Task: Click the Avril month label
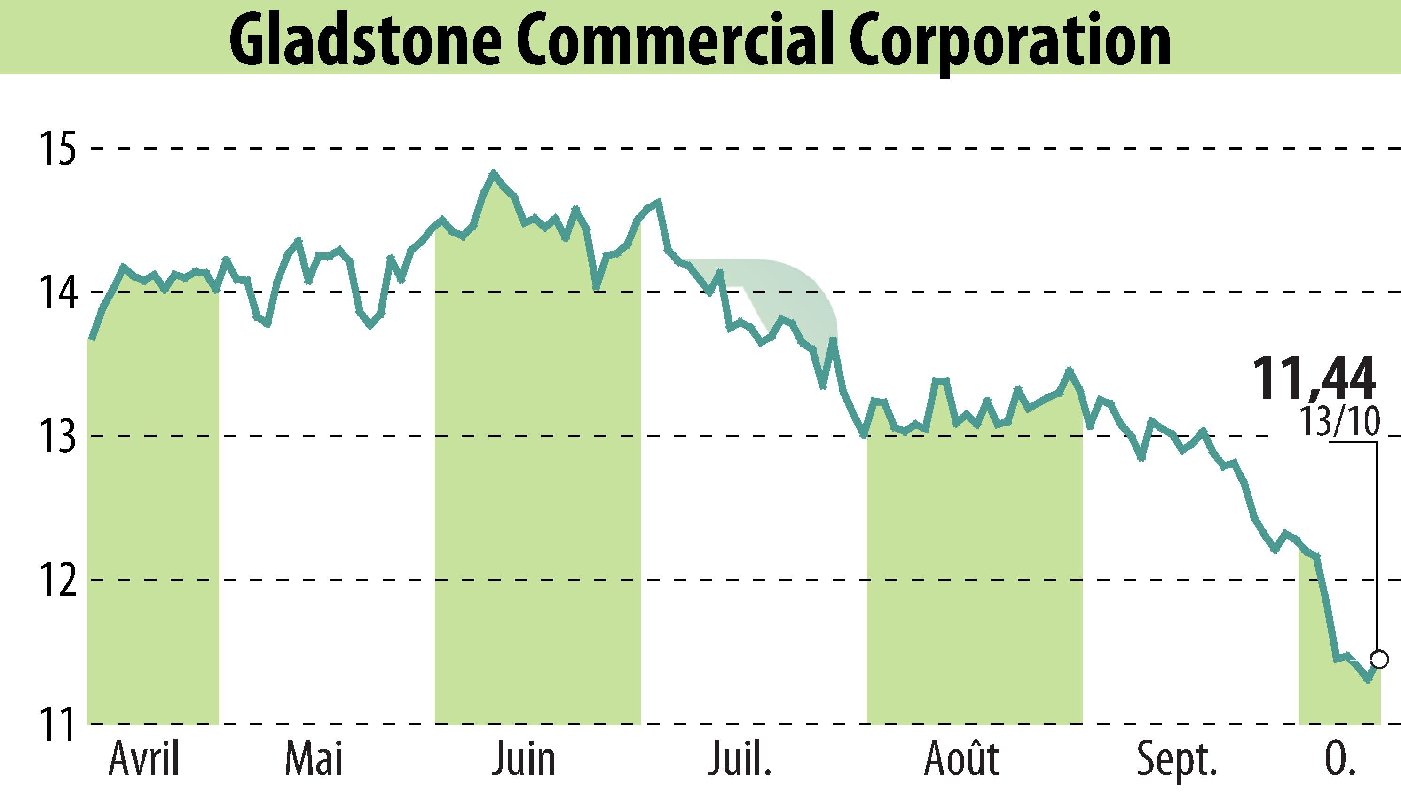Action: tap(144, 760)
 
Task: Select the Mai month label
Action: tap(314, 760)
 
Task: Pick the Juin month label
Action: tap(523, 760)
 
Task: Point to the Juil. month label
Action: tap(740, 760)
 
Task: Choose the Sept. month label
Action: tap(1176, 760)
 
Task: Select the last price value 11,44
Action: tap(1313, 378)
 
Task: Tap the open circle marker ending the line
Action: tap(1380, 659)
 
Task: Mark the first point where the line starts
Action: tap(92, 339)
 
